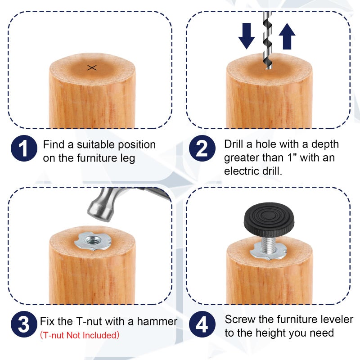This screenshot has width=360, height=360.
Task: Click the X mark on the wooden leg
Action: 92,68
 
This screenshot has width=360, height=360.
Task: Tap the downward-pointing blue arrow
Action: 247,36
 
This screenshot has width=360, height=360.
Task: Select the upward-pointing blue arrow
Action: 287,36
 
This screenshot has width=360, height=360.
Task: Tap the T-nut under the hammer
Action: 93,241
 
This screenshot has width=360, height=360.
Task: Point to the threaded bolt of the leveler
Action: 269,244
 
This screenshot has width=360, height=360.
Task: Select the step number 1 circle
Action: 24,148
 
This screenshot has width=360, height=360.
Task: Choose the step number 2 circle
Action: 202,148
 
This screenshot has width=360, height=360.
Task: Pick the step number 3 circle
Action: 24,324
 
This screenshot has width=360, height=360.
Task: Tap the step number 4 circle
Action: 202,324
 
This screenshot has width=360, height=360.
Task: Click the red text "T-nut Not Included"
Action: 80,335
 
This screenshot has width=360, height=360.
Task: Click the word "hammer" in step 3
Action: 157,321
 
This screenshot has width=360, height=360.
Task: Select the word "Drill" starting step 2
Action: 234,144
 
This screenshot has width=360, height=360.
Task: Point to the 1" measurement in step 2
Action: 292,158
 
